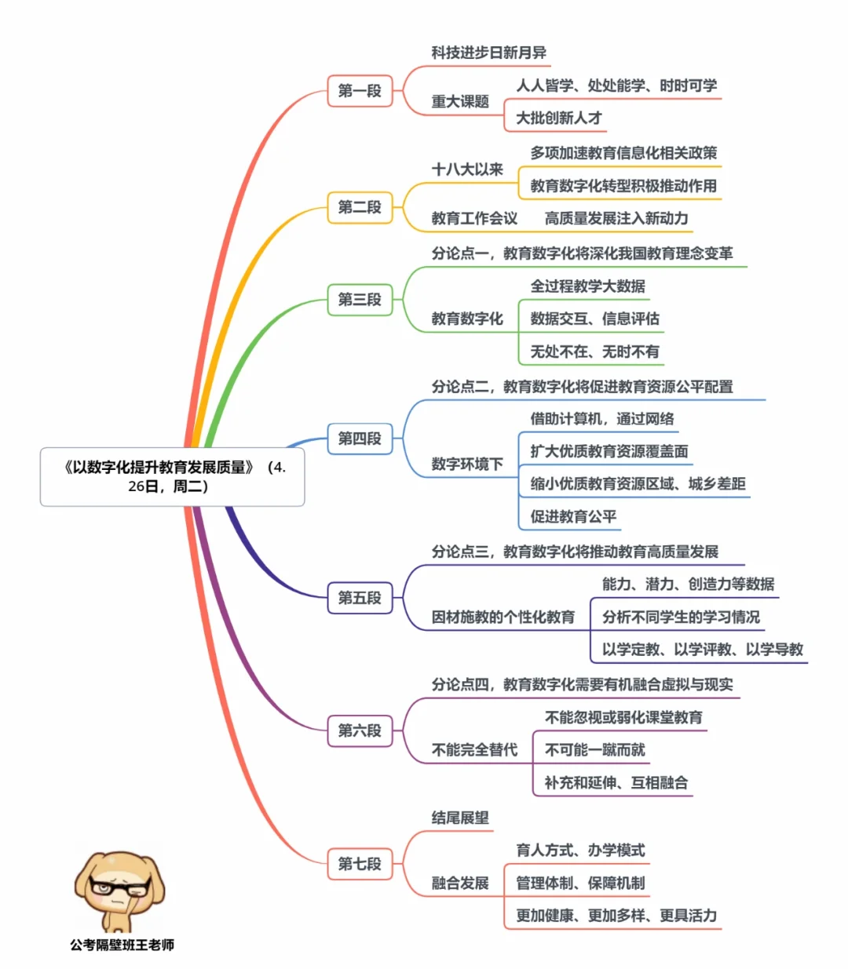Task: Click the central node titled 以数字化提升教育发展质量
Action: point(172,476)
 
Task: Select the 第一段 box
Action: point(360,91)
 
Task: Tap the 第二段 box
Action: point(360,207)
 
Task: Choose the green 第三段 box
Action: point(360,300)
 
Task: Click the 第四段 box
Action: point(360,439)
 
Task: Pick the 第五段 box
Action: point(360,598)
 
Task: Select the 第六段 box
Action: point(360,731)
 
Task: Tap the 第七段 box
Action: point(360,864)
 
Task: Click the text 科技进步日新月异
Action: point(488,53)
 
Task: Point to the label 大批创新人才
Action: point(558,118)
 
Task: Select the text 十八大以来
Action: point(467,169)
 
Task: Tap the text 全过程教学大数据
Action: point(587,286)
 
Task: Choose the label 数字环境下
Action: point(467,464)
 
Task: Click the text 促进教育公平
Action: point(573,516)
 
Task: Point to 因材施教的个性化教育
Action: point(503,617)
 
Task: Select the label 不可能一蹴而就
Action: point(594,750)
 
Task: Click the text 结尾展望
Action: point(460,818)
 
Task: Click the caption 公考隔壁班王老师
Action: point(122,945)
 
